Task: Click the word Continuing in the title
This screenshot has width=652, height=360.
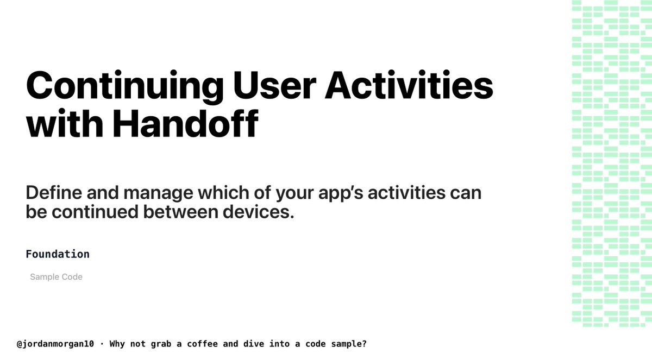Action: tap(124, 86)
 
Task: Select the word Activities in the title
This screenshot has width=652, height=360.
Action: tap(410, 86)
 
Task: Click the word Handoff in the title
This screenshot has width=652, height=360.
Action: tap(185, 124)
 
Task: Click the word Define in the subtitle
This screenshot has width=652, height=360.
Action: tap(51, 193)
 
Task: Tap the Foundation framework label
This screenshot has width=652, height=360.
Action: tap(58, 254)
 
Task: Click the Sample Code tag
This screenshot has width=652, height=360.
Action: tap(56, 277)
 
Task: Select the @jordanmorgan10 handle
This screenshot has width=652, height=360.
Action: tap(55, 344)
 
